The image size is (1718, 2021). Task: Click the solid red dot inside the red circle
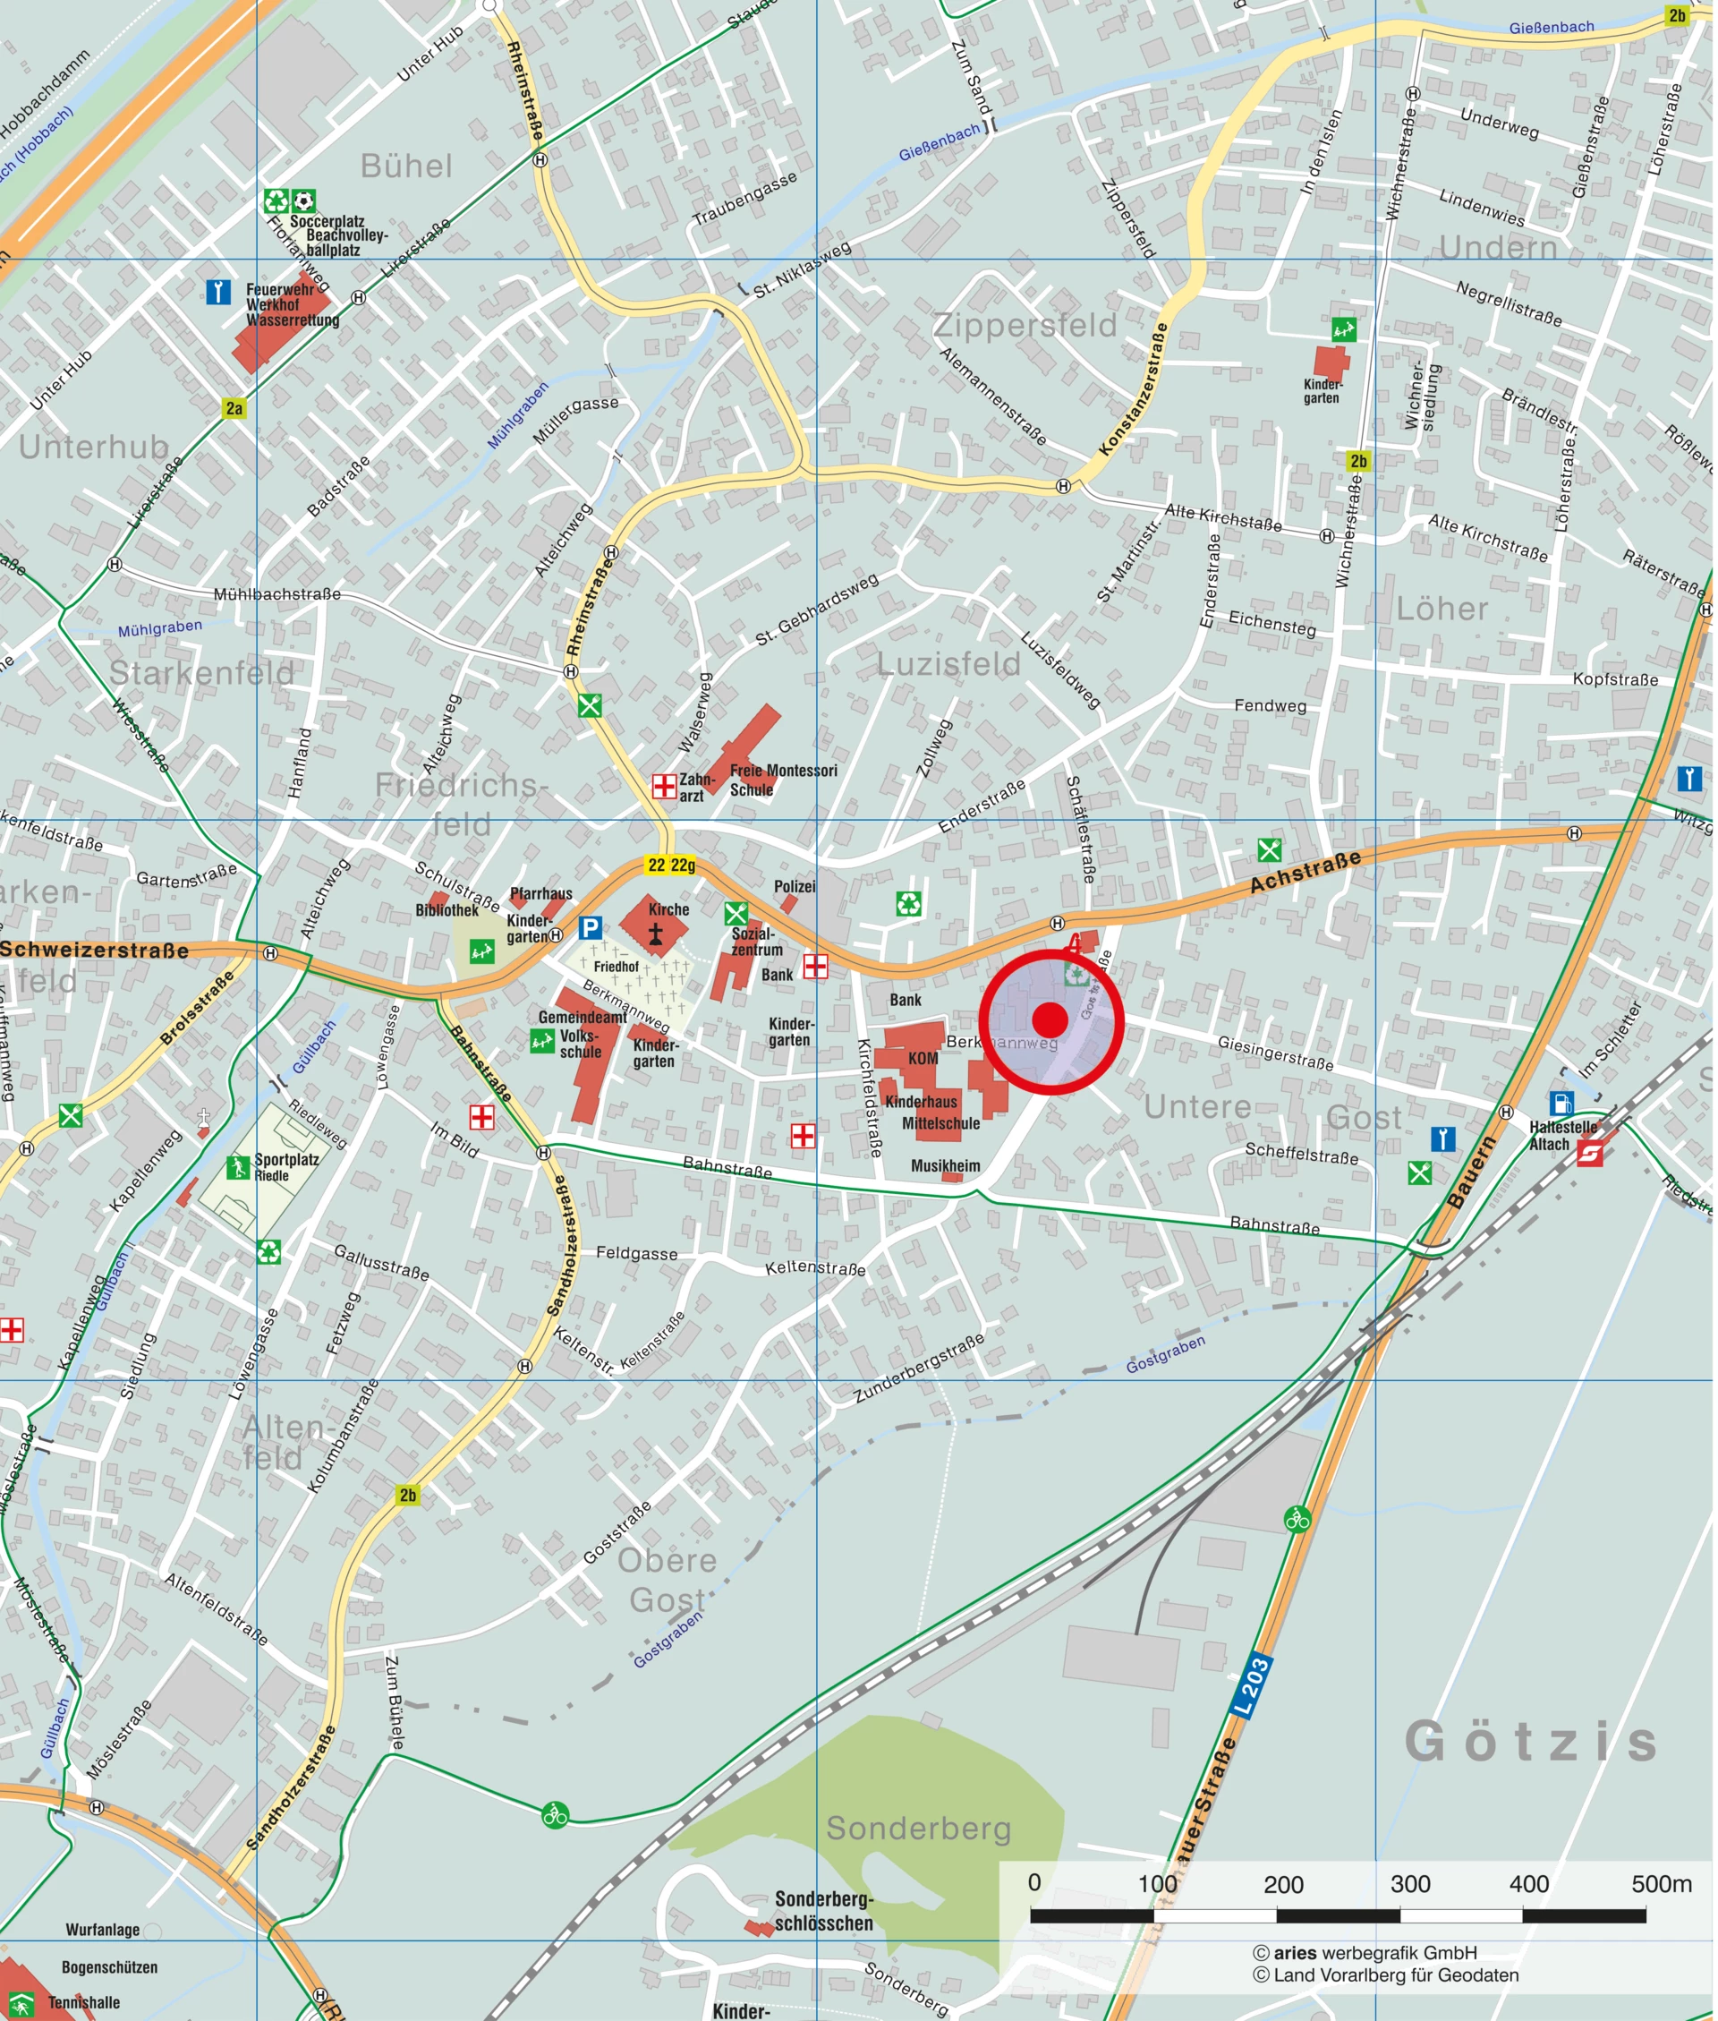(1050, 1019)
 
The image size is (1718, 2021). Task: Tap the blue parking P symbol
(590, 927)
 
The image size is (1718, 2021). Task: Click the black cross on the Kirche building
(657, 935)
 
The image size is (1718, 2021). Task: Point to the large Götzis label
(1531, 1742)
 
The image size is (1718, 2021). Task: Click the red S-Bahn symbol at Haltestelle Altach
(1590, 1155)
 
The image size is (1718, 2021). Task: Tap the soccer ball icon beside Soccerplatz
(304, 200)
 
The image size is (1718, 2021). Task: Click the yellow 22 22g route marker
(671, 865)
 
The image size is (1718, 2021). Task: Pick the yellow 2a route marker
(234, 408)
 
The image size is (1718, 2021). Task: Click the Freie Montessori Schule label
(782, 780)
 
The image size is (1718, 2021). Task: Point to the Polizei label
(795, 886)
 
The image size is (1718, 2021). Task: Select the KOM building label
(923, 1059)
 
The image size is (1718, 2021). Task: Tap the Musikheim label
(945, 1166)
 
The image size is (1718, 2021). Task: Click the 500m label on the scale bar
(1661, 1884)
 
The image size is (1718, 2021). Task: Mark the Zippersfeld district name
(1025, 325)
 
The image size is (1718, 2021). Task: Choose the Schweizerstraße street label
(95, 950)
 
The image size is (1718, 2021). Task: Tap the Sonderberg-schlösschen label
(824, 1911)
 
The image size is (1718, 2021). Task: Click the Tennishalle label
(85, 2002)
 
